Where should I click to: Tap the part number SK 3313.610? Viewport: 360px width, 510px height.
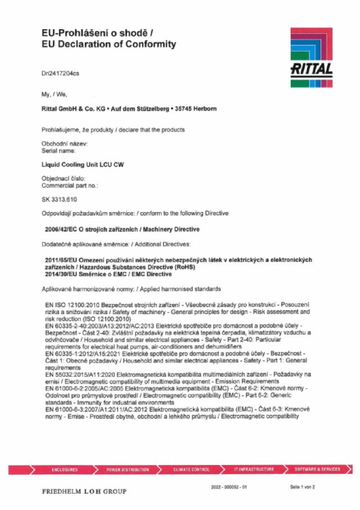click(x=59, y=200)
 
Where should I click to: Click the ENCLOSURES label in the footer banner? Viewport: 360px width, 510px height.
click(x=65, y=469)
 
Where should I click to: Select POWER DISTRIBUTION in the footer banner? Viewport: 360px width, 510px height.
click(x=128, y=469)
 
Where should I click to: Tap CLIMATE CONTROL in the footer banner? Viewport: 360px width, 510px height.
click(x=192, y=469)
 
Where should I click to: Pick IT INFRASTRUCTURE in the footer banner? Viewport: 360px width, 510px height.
click(x=254, y=469)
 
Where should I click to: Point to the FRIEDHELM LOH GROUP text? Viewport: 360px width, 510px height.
click(x=84, y=491)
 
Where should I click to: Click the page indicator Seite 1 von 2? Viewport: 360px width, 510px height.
click(x=303, y=486)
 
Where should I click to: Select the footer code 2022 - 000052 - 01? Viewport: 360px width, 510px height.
click(x=228, y=486)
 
